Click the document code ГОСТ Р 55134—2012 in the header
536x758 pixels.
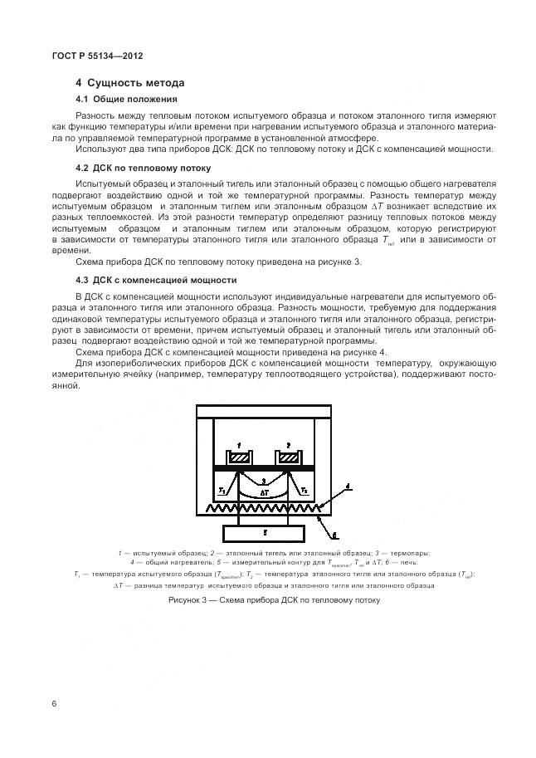click(x=85, y=56)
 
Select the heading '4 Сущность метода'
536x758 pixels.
click(x=129, y=83)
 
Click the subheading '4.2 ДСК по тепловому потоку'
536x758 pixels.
click(x=143, y=167)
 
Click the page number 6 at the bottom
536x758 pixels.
click(x=54, y=704)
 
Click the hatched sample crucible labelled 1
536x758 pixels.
click(x=240, y=458)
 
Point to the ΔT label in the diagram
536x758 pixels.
click(x=264, y=492)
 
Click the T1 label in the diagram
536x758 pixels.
click(x=222, y=490)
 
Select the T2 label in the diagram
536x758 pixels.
click(x=305, y=490)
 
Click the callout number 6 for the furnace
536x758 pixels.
click(x=334, y=538)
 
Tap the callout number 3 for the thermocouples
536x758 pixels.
click(x=263, y=480)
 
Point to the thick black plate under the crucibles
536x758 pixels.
click(x=264, y=470)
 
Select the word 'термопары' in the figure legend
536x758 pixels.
click(x=412, y=553)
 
